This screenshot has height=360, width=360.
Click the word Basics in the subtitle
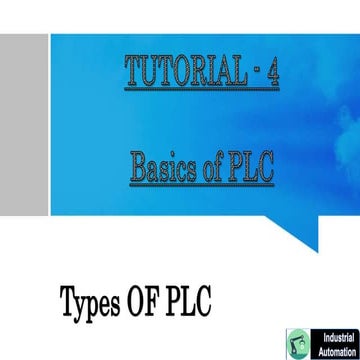click(x=164, y=167)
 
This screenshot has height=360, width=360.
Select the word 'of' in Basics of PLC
click(x=217, y=167)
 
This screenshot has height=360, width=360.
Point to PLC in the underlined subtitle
click(x=254, y=167)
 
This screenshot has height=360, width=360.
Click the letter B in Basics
click(x=138, y=167)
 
